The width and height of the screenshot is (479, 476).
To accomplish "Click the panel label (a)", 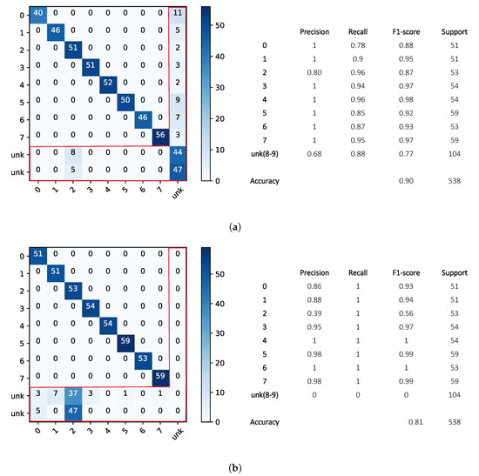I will (x=238, y=225).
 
